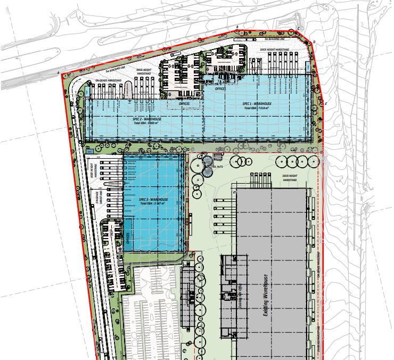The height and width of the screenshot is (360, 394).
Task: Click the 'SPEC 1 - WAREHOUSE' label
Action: click(257, 104)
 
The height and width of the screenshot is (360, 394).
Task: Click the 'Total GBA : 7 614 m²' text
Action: click(257, 109)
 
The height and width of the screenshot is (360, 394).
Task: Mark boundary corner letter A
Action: click(58, 72)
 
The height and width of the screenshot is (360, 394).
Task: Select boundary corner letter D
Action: click(314, 42)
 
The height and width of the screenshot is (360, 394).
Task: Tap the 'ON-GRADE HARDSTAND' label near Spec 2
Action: click(108, 80)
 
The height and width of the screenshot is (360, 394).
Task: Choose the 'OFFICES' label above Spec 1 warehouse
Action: click(220, 89)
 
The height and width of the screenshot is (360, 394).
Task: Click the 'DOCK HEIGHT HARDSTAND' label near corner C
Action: click(274, 50)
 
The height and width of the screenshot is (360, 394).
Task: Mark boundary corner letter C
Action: click(299, 28)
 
